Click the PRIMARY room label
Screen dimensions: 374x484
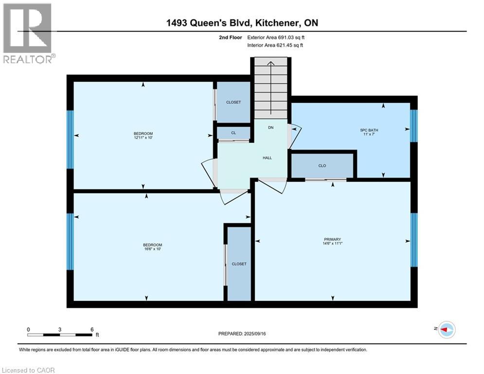[333, 239]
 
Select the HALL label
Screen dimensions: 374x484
[267, 158]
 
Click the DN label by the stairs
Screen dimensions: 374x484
[271, 128]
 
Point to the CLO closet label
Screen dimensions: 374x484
[322, 166]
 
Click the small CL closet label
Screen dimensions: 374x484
[233, 132]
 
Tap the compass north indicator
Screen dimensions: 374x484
[446, 330]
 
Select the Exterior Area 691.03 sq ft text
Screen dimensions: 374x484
[276, 37]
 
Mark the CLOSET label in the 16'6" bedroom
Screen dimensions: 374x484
[239, 264]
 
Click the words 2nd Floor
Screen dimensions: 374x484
[231, 37]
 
